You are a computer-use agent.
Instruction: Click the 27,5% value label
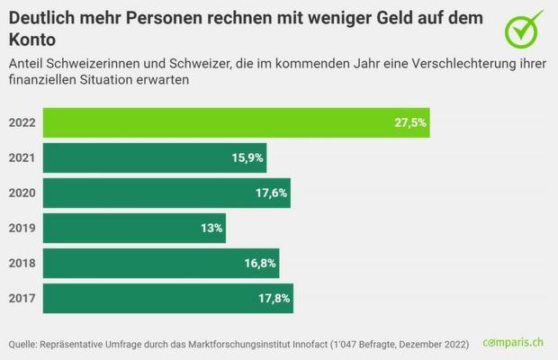tap(409, 122)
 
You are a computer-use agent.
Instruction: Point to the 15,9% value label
tap(247, 157)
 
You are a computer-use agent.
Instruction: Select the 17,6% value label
tap(272, 193)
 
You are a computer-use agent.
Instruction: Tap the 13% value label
tap(211, 228)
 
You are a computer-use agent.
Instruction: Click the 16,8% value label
tap(259, 263)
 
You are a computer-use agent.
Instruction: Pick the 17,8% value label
tap(274, 298)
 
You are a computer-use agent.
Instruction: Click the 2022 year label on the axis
tap(21, 122)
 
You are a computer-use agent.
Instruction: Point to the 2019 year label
tap(21, 228)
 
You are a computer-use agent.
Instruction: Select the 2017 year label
tap(21, 298)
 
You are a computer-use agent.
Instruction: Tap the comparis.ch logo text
tap(513, 343)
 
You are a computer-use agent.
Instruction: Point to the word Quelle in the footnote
tap(24, 344)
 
